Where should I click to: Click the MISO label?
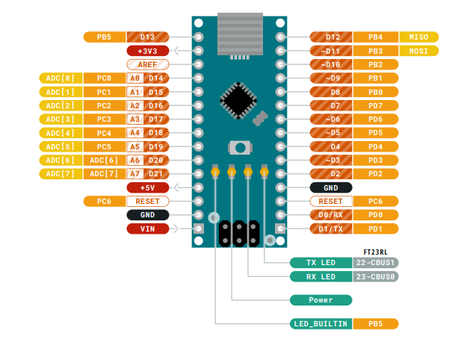(418, 37)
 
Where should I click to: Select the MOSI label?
(418, 51)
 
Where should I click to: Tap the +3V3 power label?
(147, 51)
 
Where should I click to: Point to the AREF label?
(147, 64)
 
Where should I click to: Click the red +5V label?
(147, 187)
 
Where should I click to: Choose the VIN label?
(147, 229)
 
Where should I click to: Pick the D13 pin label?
(147, 37)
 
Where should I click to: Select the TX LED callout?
(321, 263)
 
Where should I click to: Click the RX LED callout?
(321, 276)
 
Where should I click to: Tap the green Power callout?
(321, 300)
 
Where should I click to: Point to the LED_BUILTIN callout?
(321, 324)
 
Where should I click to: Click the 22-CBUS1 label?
(376, 263)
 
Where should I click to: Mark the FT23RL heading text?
(375, 252)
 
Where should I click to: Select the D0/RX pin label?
(331, 215)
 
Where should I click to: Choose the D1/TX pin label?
(331, 229)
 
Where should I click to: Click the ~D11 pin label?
(331, 51)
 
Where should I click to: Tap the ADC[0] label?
(60, 78)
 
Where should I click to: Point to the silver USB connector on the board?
(240, 34)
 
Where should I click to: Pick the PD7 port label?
(375, 105)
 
